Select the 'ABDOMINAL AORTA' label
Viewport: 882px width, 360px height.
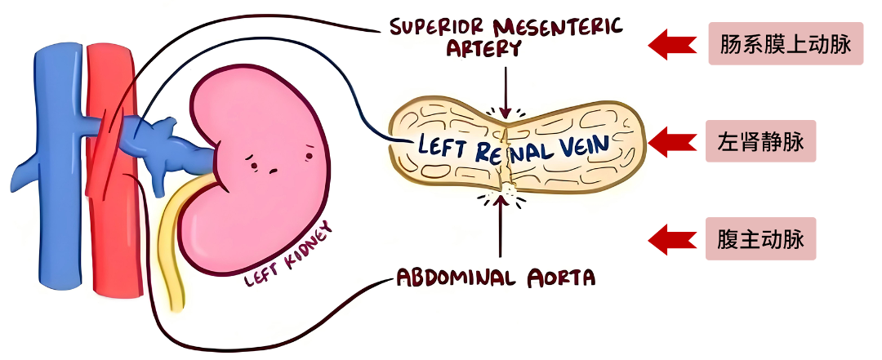coord(496,278)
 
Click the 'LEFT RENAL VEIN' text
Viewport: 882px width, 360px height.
coord(513,146)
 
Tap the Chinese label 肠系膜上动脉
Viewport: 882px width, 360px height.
coord(786,44)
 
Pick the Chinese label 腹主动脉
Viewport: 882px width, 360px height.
coord(761,240)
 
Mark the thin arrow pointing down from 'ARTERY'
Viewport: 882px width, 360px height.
coord(506,90)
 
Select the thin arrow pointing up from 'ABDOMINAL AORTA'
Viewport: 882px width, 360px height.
coord(498,233)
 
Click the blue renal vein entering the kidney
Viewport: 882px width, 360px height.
coord(176,143)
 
